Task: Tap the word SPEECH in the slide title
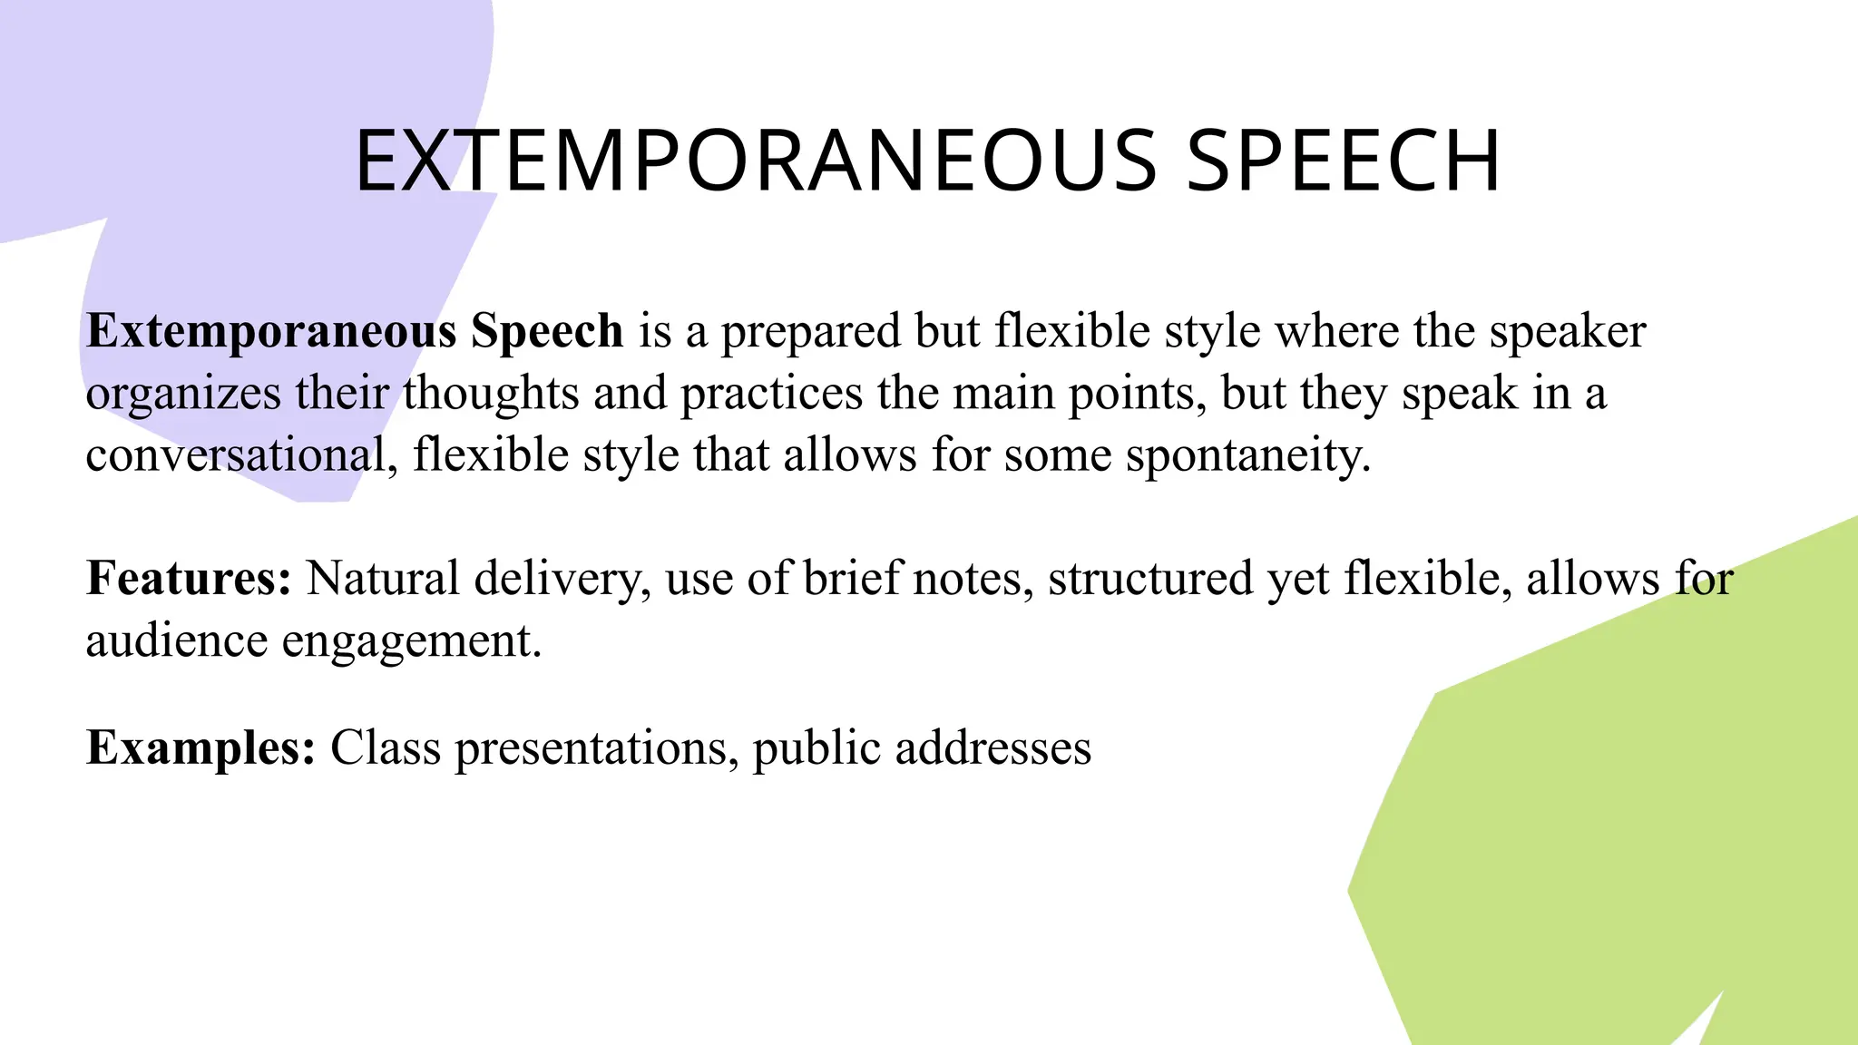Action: [1344, 161]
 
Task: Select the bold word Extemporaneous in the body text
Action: [270, 331]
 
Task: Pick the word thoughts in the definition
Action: [491, 393]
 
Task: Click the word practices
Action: [771, 393]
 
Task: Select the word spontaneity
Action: [1247, 455]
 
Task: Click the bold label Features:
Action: [189, 578]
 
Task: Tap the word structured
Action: [1150, 578]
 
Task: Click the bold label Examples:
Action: [200, 748]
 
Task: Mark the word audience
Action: [177, 640]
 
